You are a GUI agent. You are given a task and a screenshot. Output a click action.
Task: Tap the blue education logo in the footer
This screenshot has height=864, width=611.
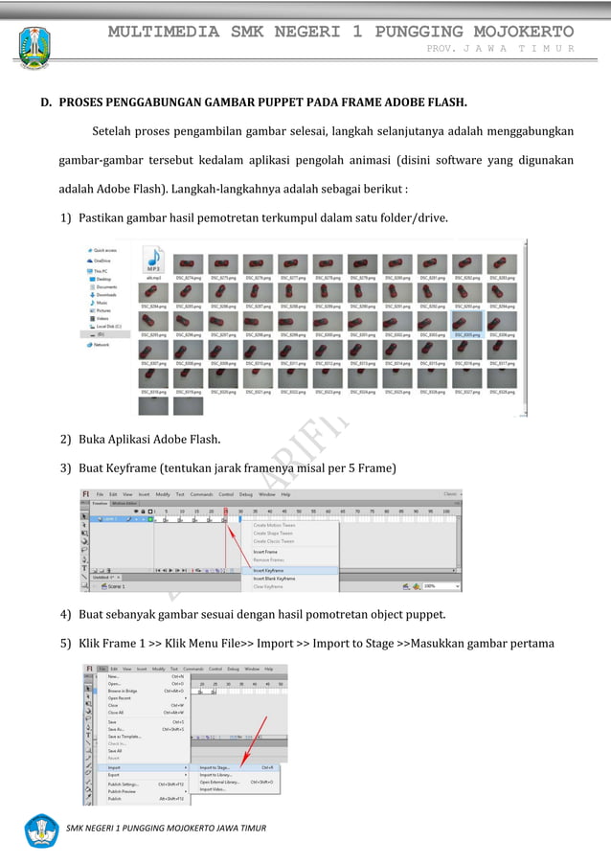tap(41, 830)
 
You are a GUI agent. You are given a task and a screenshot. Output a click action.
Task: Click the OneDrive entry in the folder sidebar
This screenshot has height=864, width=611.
tap(102, 260)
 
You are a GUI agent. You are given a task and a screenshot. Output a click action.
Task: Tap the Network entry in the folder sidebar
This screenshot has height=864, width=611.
tap(100, 344)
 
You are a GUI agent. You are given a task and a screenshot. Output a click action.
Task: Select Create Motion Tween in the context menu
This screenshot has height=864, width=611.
tap(274, 525)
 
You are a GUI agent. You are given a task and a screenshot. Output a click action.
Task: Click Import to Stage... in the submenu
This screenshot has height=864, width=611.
tap(216, 766)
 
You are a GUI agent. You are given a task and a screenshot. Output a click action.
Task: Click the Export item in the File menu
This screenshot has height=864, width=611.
tap(115, 774)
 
